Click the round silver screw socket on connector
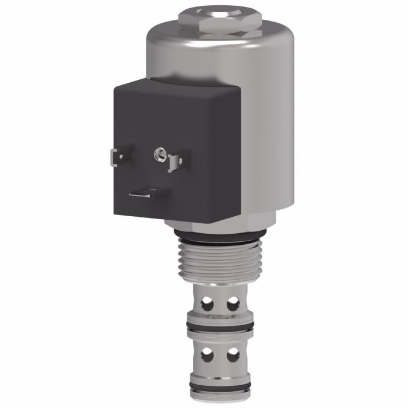tap(157, 154)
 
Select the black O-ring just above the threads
tap(220, 237)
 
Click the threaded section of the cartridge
tap(220, 262)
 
